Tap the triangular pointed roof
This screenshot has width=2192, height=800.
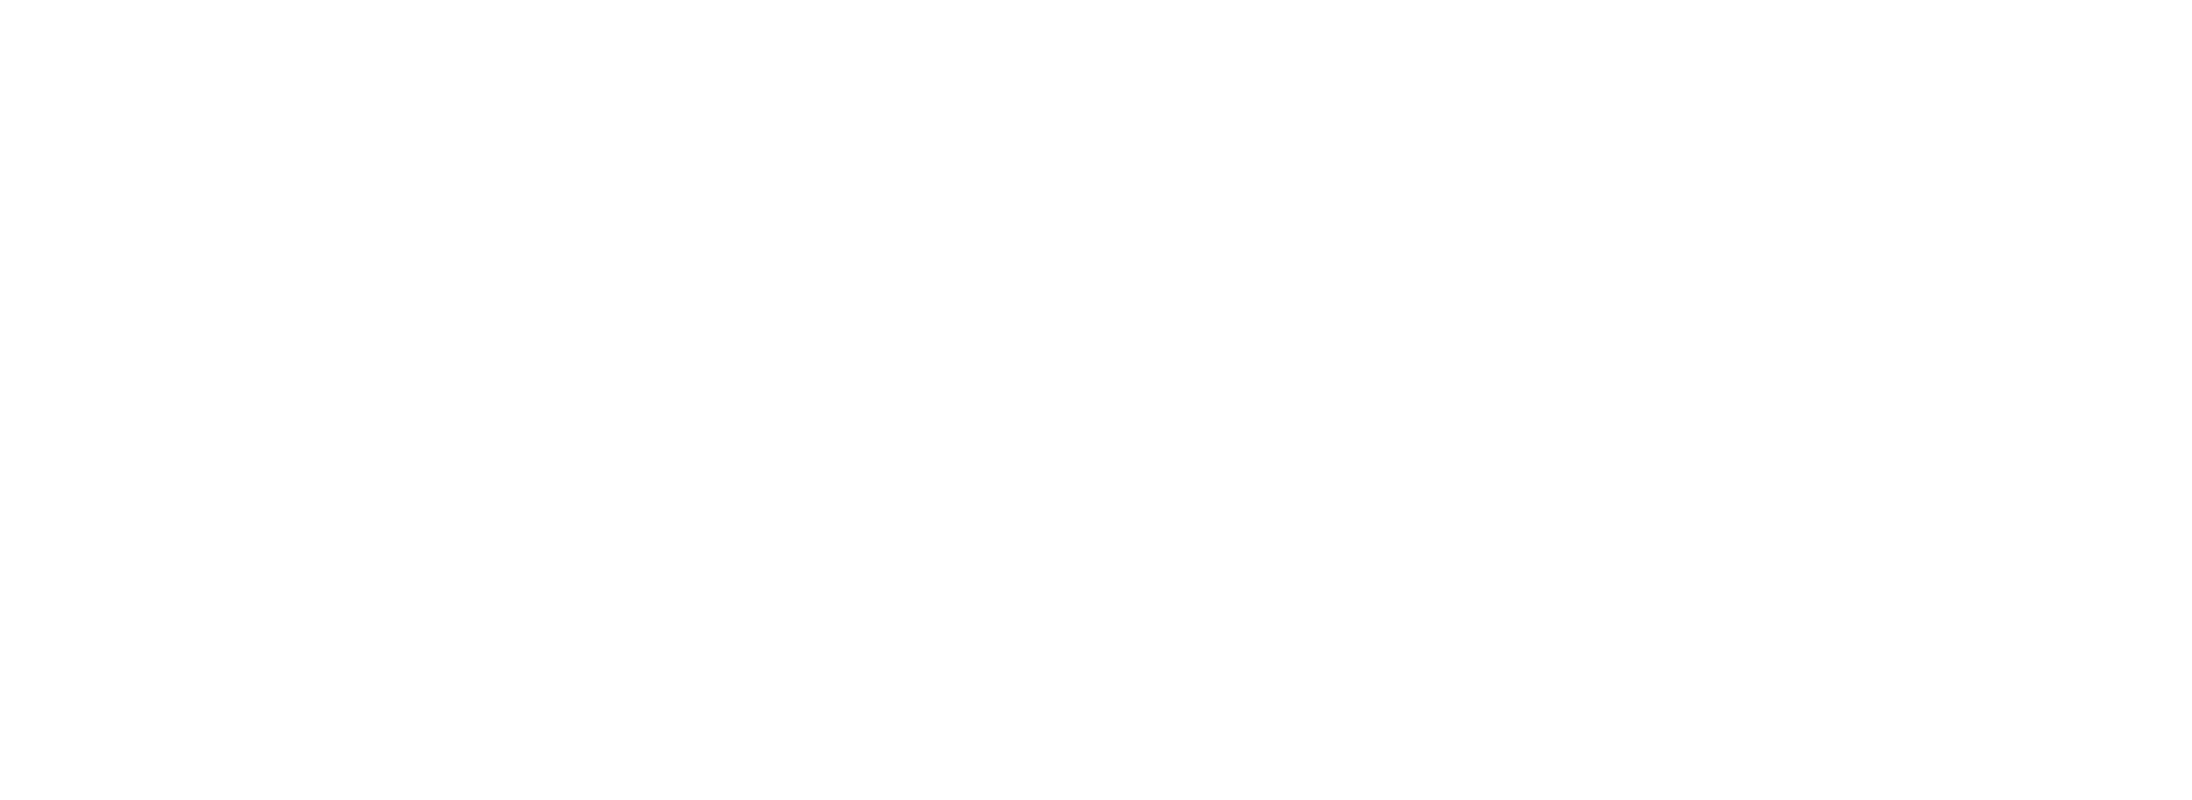pyautogui.click(x=1305, y=282)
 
